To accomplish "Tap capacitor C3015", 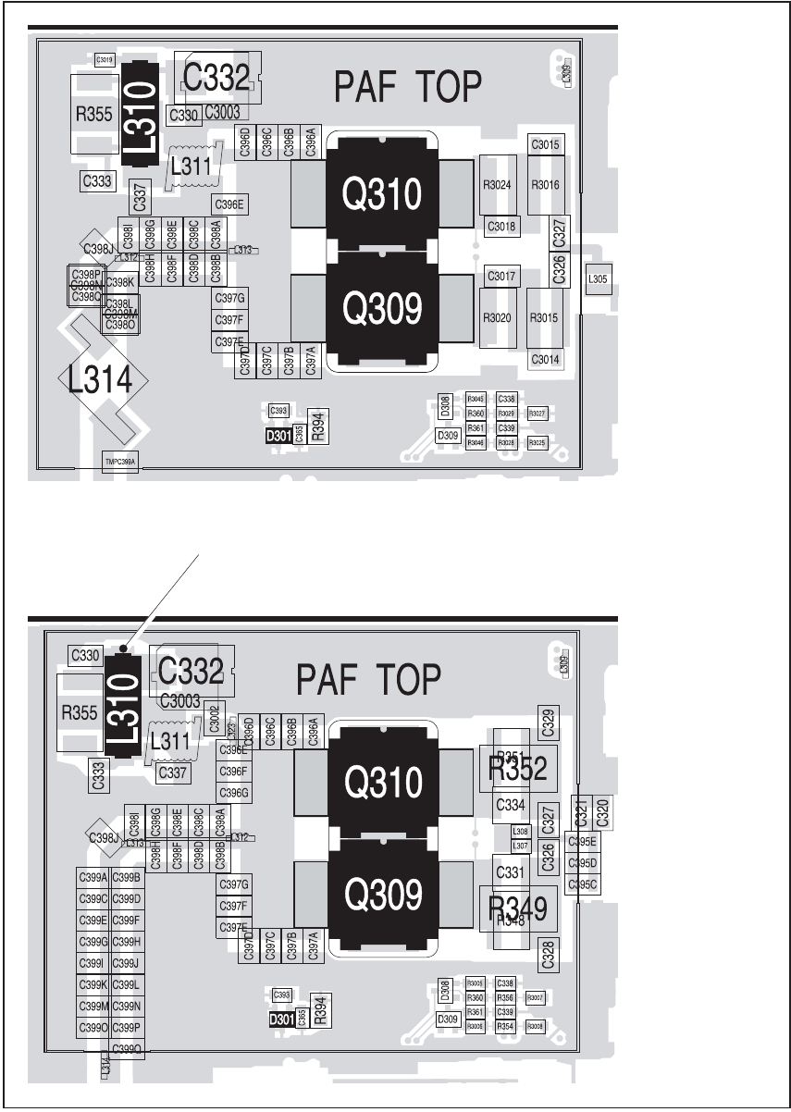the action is tap(545, 145).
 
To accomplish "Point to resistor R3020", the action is tap(497, 317).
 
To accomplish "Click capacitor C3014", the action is tap(545, 359).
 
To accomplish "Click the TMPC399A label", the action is tap(119, 461).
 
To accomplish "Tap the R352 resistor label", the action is tap(517, 768).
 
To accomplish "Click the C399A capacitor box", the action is tap(93, 877).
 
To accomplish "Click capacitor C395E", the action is tap(583, 841).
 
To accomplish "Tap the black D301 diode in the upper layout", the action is tap(278, 436).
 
